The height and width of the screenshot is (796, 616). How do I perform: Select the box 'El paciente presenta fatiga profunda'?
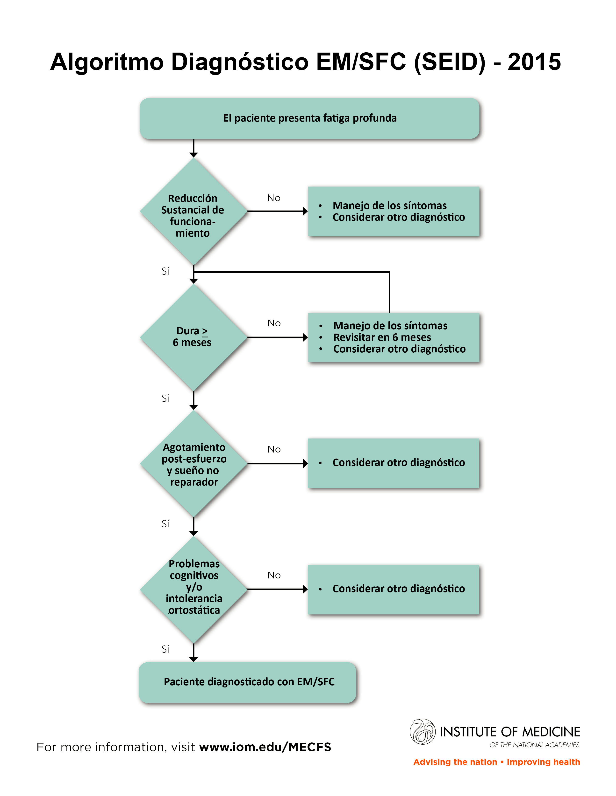309,118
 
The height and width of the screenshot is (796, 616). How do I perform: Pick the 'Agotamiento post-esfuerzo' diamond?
194,464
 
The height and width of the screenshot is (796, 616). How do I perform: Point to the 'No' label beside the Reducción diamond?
274,198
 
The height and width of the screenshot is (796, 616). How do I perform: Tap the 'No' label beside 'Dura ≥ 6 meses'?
274,323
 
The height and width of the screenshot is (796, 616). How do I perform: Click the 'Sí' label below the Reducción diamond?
165,271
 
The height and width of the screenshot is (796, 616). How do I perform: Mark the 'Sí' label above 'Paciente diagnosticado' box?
165,649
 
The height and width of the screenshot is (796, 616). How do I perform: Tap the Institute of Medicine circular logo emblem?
423,732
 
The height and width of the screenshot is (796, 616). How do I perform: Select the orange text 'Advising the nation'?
455,762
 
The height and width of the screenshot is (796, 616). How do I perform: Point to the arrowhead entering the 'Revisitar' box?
305,337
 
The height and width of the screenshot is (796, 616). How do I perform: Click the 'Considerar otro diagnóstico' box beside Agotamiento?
393,463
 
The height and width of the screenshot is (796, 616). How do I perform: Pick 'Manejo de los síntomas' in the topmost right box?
389,206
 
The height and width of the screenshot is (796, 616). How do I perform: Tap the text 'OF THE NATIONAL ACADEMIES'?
534,745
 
